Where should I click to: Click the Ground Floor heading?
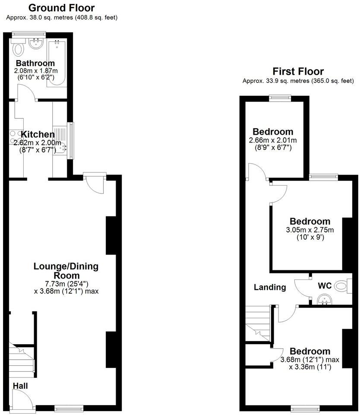pyautogui.click(x=61, y=8)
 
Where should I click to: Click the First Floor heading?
pyautogui.click(x=298, y=71)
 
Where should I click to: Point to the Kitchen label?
pyautogui.click(x=38, y=134)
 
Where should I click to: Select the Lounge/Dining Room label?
pyautogui.click(x=66, y=271)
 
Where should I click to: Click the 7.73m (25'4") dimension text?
pyautogui.click(x=66, y=284)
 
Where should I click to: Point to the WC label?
pyautogui.click(x=325, y=285)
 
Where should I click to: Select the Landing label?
pyautogui.click(x=270, y=287)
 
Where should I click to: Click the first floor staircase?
pyautogui.click(x=258, y=324)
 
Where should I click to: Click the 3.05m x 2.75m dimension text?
pyautogui.click(x=310, y=229)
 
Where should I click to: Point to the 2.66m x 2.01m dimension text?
pyautogui.click(x=273, y=140)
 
